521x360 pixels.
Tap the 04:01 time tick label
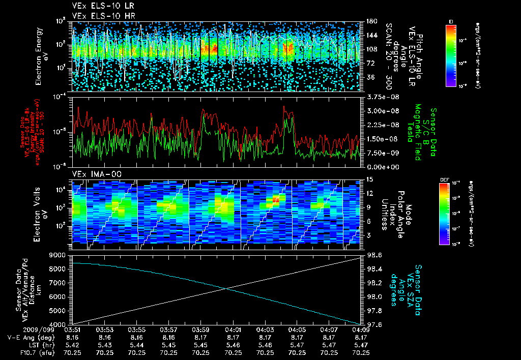click(233, 329)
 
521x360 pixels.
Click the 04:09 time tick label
click(361, 329)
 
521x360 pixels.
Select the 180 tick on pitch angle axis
click(370, 21)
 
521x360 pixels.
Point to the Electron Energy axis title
click(41, 56)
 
